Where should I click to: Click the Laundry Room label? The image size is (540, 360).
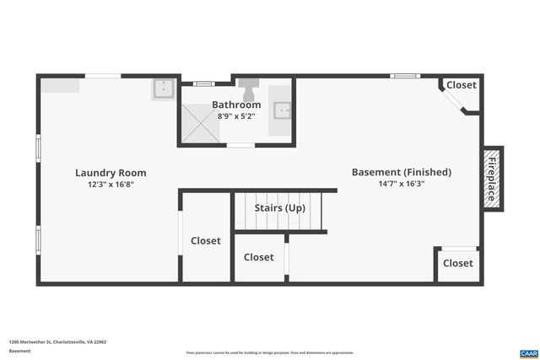point(105,172)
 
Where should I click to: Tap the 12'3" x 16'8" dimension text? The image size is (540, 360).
point(111,184)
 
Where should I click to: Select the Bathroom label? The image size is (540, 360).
point(236,105)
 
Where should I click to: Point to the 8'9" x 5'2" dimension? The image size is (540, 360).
point(236,116)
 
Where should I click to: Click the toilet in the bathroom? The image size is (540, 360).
point(250,87)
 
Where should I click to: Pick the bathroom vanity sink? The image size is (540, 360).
point(283,110)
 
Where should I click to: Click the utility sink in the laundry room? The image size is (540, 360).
point(164,89)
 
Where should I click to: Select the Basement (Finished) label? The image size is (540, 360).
point(401,172)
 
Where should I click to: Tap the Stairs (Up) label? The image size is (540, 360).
point(280,207)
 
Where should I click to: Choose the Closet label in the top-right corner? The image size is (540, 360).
point(461,85)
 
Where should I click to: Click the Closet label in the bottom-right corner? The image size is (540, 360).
point(458,263)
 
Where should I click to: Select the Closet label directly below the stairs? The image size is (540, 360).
point(259,257)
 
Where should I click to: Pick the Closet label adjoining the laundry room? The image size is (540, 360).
point(205,240)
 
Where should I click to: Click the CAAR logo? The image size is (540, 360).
point(528,352)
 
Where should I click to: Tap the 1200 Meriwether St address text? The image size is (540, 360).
point(57,342)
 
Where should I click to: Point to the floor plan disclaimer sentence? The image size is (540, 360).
point(269,352)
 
